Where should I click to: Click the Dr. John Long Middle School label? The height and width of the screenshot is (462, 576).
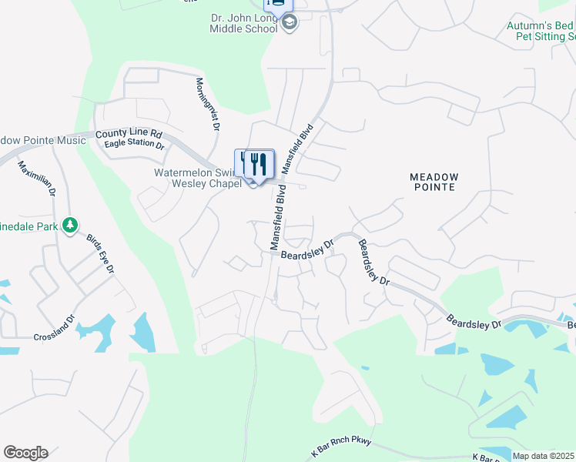[243, 23]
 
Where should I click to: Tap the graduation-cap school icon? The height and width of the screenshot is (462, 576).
[290, 22]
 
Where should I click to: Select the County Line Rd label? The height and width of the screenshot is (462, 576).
[129, 133]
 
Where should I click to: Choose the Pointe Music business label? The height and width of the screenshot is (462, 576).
[43, 140]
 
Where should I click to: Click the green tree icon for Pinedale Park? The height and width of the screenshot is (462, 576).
[70, 225]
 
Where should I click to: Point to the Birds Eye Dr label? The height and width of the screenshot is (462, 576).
[99, 253]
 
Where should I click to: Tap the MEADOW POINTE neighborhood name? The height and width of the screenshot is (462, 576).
[435, 182]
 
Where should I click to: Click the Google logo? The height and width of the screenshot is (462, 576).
[25, 453]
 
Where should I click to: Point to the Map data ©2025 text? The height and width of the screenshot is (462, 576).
[542, 456]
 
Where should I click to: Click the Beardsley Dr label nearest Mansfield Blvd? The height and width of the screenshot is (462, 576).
[306, 251]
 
